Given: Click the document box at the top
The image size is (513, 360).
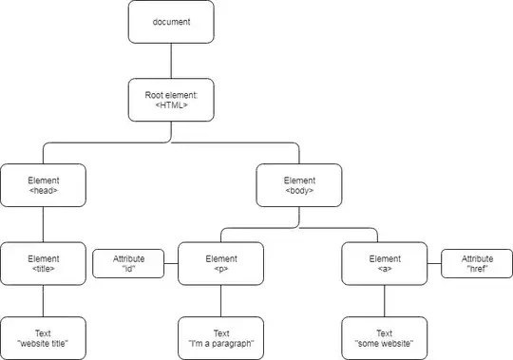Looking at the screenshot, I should point(171,22).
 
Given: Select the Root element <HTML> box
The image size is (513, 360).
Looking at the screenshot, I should point(171,100).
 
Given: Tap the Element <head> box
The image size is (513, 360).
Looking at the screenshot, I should point(43,184).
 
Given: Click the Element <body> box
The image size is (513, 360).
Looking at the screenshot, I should point(299,184).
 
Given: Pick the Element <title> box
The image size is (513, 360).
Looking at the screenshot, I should point(43,263).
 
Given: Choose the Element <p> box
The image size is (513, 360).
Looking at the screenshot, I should point(220,263).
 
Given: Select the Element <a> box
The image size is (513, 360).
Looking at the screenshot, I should point(385,263).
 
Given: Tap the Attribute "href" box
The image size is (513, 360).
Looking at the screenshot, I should point(477,263).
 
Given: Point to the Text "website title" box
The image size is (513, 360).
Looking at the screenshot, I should point(43,338).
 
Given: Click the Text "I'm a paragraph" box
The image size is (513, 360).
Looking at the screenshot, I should point(220,338).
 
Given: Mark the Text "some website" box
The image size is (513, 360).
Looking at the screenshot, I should point(385,338).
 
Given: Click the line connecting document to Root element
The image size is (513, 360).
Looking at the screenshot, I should point(171,61).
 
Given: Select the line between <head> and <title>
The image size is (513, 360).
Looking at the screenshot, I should point(43,224).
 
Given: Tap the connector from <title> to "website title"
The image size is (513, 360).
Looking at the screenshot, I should point(43,301).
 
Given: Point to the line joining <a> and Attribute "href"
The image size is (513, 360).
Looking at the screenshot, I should point(434,263).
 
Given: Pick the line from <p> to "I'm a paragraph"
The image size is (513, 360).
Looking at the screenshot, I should point(220,301).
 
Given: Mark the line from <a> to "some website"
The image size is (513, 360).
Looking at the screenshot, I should point(385,301).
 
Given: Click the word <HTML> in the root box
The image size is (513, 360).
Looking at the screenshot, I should point(171,106).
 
